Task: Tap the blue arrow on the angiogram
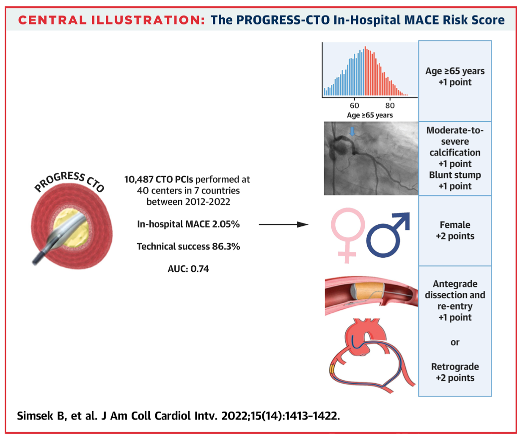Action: point(352,131)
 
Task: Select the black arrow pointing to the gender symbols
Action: point(283,224)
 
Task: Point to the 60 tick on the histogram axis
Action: point(354,106)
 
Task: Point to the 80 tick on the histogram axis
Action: point(390,106)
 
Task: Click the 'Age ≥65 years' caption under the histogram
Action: point(369,115)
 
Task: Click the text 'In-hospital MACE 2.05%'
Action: point(188,224)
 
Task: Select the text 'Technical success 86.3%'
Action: point(188,247)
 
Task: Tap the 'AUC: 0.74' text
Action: point(188,269)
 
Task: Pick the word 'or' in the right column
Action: point(455,343)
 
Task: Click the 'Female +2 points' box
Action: point(455,231)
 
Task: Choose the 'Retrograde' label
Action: point(455,367)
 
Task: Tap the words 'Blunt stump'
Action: point(455,175)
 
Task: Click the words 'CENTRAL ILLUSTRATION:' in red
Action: point(111,20)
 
